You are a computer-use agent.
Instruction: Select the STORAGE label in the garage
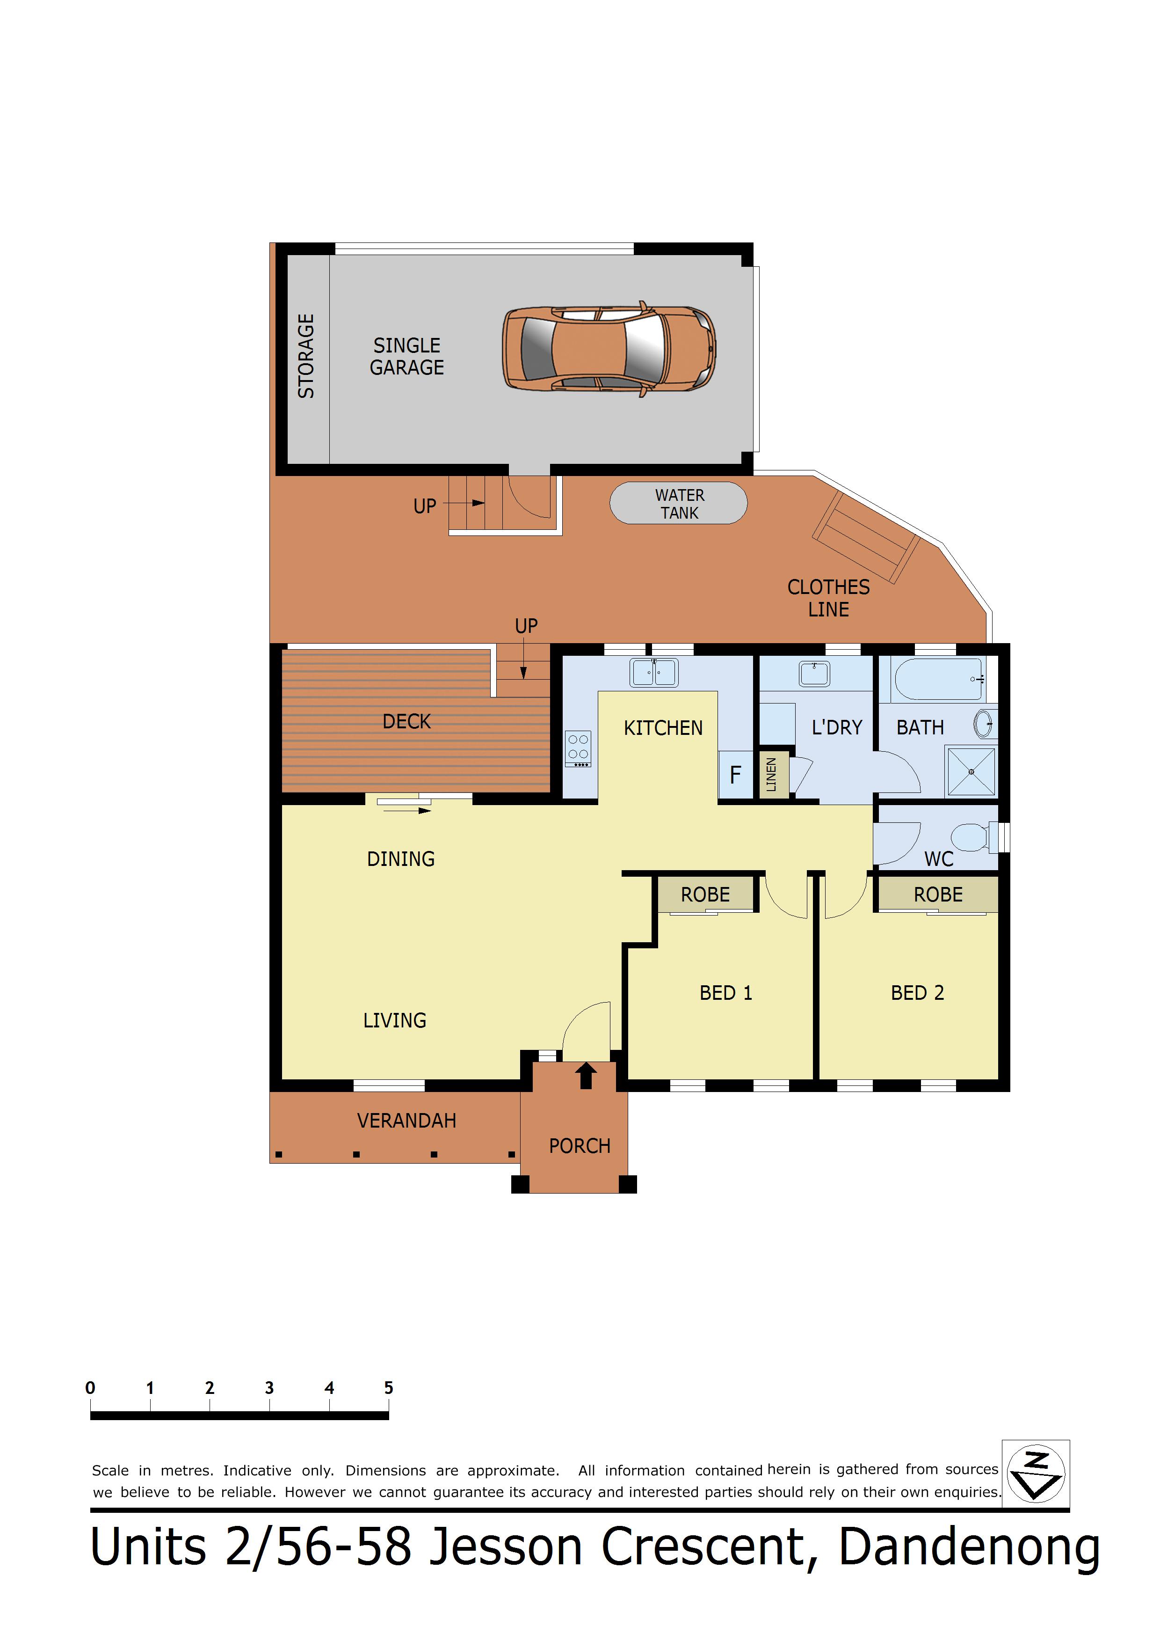[x=306, y=356]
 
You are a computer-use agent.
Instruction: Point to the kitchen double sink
[x=654, y=672]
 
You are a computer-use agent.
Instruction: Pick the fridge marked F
[x=735, y=775]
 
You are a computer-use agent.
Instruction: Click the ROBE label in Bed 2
[x=938, y=894]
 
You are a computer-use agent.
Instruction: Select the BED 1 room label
[x=725, y=993]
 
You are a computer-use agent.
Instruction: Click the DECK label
[x=406, y=722]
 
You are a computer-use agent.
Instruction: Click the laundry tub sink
[x=814, y=674]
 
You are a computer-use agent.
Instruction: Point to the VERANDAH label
[x=406, y=1121]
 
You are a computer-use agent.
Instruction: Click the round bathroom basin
[x=984, y=724]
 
